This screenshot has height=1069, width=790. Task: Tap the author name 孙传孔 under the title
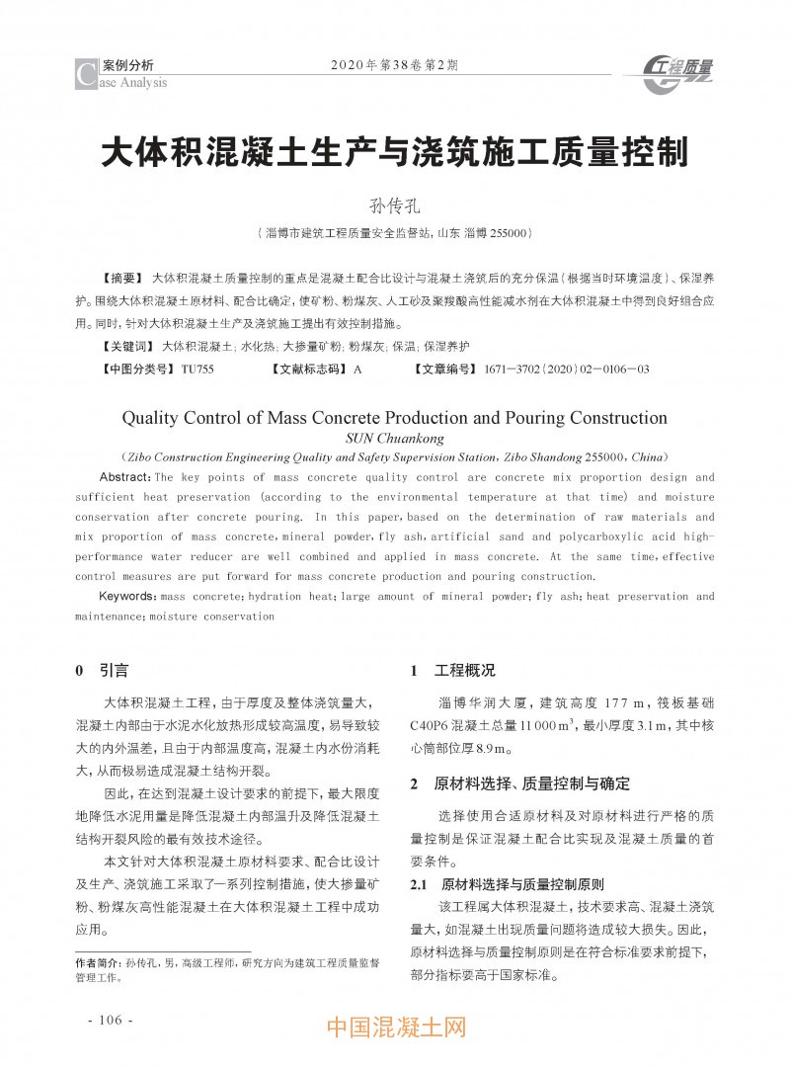pos(395,206)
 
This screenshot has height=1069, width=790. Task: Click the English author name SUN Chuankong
pos(395,439)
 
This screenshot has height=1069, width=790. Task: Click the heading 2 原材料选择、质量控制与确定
pos(519,784)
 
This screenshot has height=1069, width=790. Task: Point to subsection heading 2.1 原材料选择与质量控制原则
pos(507,884)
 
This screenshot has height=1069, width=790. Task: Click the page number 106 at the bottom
pos(110,1020)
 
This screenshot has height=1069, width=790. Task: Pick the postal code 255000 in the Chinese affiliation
pos(511,233)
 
